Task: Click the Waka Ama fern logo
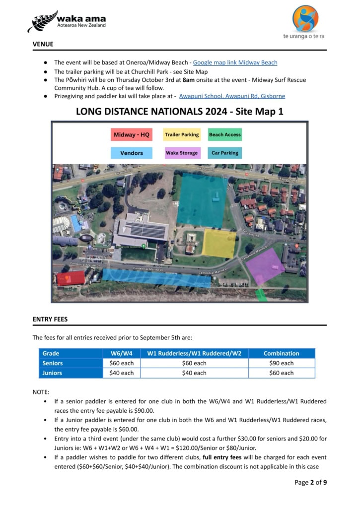(x=43, y=22)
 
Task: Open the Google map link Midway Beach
(x=235, y=63)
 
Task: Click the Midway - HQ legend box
(x=132, y=134)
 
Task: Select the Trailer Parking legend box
(x=182, y=134)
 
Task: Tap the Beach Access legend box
(x=224, y=134)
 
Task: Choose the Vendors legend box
(x=132, y=153)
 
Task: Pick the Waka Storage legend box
(x=182, y=153)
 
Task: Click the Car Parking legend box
(x=224, y=153)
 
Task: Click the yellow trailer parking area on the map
(x=219, y=244)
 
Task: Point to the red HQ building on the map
(x=71, y=278)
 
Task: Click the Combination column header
(x=281, y=353)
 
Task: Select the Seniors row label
(x=53, y=363)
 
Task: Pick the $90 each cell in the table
(x=281, y=363)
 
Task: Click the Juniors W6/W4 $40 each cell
(x=121, y=373)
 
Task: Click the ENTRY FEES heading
(x=50, y=319)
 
